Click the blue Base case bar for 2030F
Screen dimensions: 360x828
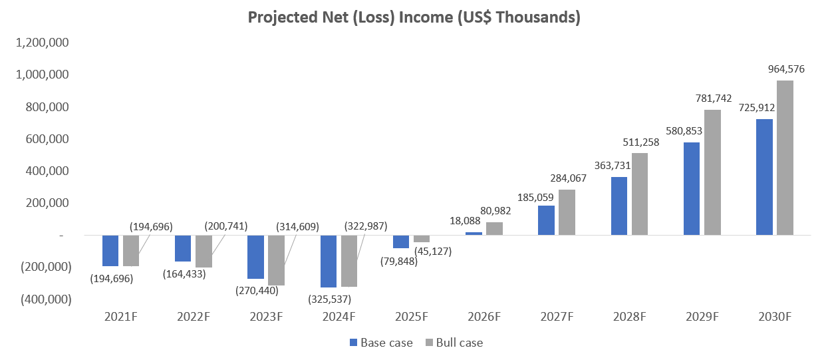click(x=764, y=177)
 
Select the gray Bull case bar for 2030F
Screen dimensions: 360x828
click(x=785, y=158)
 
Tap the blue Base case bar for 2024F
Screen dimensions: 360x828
click(x=329, y=261)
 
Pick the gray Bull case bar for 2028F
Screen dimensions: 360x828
click(x=639, y=194)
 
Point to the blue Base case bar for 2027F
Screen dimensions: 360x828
click(x=546, y=220)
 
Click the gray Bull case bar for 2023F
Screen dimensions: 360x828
click(x=276, y=260)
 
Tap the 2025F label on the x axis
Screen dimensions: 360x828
click(x=411, y=317)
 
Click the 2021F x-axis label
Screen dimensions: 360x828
click(x=120, y=317)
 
